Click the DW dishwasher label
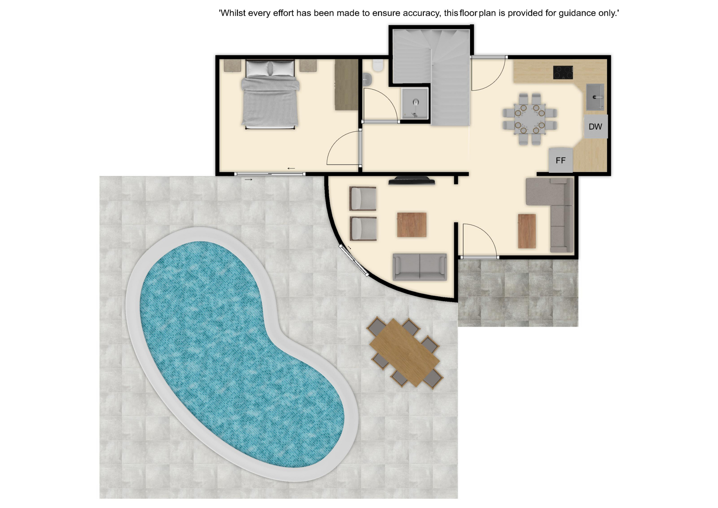(x=595, y=127)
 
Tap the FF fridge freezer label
(x=560, y=160)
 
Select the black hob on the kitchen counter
(x=563, y=72)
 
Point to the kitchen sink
(x=595, y=97)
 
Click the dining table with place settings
(x=530, y=119)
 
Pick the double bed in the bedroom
(x=270, y=94)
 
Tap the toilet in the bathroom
(x=378, y=65)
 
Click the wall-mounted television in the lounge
(x=412, y=181)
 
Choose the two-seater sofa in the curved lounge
(x=420, y=267)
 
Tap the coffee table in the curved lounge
(x=412, y=225)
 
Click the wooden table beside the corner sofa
(x=527, y=231)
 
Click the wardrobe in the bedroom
(x=346, y=85)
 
